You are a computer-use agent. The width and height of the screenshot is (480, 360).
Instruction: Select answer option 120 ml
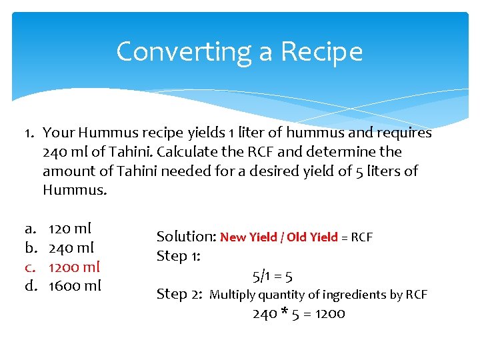click(70, 229)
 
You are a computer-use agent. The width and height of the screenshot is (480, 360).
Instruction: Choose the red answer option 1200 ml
click(74, 267)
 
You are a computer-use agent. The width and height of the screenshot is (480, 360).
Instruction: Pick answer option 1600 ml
click(75, 286)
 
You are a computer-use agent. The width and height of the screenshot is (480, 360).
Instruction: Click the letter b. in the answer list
click(30, 248)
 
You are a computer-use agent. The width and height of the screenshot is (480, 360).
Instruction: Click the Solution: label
click(185, 237)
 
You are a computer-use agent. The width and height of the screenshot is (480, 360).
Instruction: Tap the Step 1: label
click(179, 256)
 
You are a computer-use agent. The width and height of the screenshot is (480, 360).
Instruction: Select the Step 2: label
click(179, 294)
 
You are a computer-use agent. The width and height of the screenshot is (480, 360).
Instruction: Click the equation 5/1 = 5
click(272, 275)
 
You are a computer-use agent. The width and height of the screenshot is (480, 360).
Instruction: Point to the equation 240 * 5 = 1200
click(298, 313)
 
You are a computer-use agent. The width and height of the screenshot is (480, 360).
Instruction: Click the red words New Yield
click(246, 237)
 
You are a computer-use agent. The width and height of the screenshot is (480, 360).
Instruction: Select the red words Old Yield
click(312, 237)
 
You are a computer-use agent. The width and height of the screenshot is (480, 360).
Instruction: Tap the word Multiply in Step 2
click(232, 295)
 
